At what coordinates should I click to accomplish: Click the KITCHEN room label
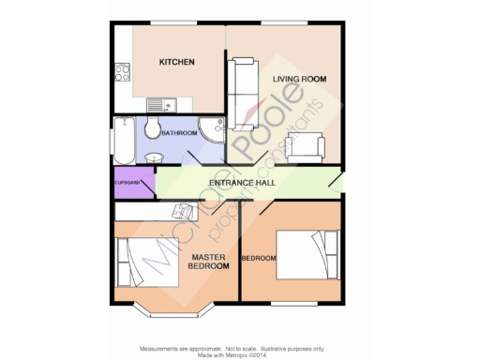(176, 63)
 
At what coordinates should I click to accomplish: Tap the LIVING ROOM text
(299, 80)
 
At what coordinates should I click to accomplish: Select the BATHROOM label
(179, 133)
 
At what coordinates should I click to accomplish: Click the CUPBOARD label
(127, 182)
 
